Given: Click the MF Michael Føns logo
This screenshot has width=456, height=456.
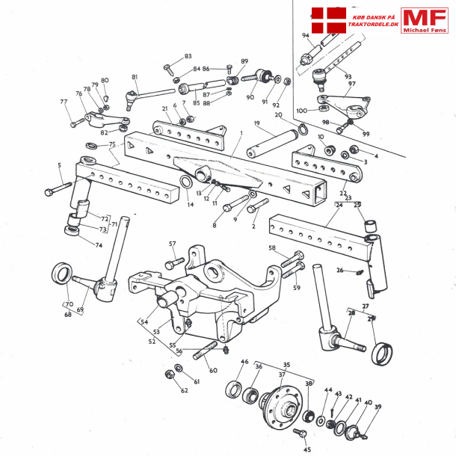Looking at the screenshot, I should point(424,20).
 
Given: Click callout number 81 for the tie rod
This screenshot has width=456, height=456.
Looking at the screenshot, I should point(135,78).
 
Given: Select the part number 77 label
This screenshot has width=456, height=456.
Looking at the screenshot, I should point(64,102).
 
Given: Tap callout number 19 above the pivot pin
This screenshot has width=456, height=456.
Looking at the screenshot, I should point(256,123).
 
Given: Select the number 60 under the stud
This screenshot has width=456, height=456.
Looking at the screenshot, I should point(213,371).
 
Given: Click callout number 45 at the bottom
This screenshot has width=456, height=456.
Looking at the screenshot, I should point(306,449).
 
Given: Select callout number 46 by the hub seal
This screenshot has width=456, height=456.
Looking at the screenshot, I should point(244,362).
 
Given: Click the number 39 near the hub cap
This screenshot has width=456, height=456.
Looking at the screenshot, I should point(378,407).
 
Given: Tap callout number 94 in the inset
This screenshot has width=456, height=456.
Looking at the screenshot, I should point(306,36).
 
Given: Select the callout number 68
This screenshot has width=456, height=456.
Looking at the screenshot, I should point(69,315).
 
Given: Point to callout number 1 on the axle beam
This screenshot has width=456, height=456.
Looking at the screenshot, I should point(241,133).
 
